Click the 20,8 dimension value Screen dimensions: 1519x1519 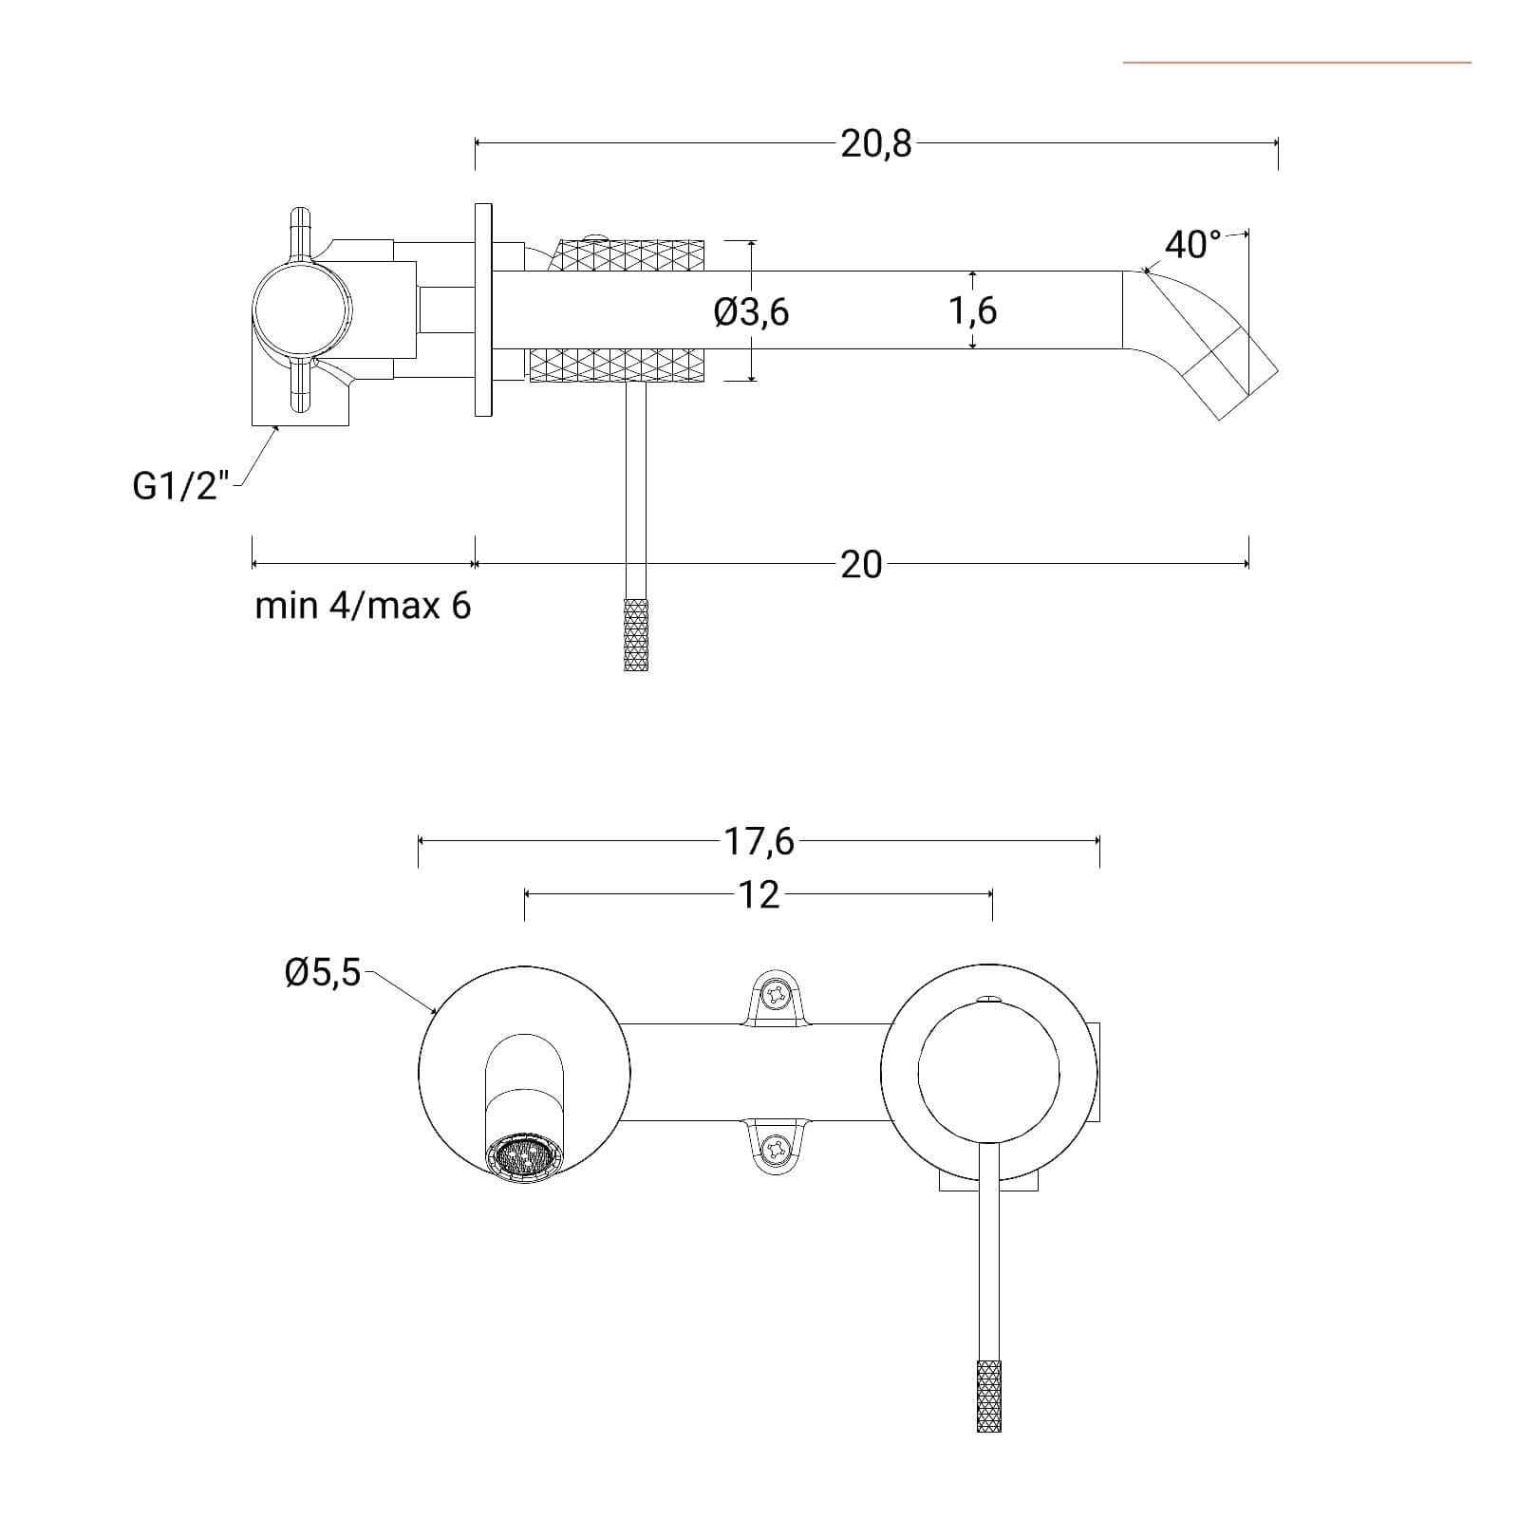[875, 143]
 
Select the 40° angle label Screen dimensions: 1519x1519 [1192, 245]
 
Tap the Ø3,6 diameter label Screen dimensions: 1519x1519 [751, 311]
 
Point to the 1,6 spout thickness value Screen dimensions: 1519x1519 [973, 310]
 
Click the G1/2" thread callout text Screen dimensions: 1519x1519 [181, 487]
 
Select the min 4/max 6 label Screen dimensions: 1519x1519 [363, 606]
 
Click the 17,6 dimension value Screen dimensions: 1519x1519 [759, 841]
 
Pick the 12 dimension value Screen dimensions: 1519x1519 [759, 894]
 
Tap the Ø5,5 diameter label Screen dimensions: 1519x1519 [323, 973]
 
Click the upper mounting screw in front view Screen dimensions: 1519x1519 [777, 996]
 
